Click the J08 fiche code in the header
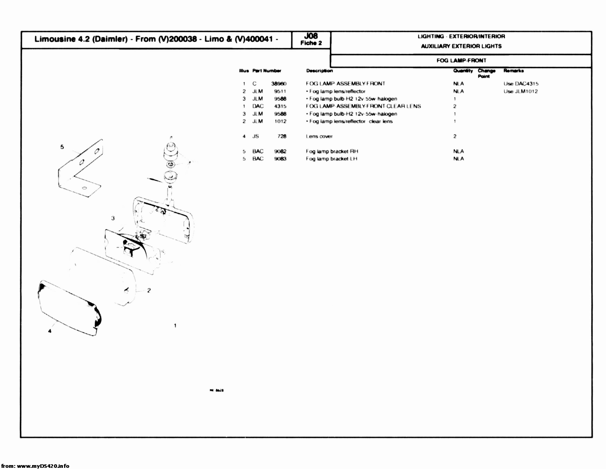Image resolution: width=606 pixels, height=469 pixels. tap(311, 36)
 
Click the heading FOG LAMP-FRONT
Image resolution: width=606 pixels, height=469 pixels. tap(461, 61)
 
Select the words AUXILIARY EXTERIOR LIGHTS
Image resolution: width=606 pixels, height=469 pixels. tap(461, 46)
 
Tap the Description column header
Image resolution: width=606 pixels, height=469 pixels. tap(319, 71)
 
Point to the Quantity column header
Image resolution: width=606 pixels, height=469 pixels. tap(463, 71)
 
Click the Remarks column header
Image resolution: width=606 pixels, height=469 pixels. tap(513, 71)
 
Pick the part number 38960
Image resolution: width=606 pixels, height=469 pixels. tap(279, 84)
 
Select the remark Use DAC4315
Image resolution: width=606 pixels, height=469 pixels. tap(521, 84)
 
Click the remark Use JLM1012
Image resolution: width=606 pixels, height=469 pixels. tap(520, 91)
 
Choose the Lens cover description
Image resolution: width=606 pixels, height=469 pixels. tap(319, 136)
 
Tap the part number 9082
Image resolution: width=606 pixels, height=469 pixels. tap(280, 151)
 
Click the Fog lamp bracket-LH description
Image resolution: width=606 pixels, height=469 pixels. tap(332, 159)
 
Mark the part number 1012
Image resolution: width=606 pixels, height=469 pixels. tap(280, 121)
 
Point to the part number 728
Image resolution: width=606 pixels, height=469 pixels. tap(281, 136)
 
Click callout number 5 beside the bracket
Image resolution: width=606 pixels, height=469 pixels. tap(62, 147)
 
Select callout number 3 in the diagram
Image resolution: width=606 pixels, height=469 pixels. tap(113, 218)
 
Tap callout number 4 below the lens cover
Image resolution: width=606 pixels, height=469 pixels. tap(50, 331)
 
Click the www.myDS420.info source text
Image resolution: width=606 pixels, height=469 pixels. tap(43, 465)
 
